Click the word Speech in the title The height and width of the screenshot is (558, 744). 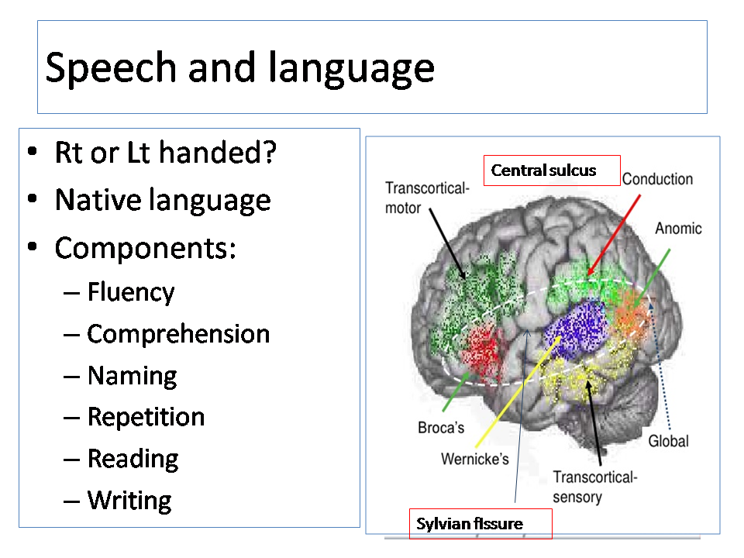coord(111,67)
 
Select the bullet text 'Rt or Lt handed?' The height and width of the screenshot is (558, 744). coord(166,153)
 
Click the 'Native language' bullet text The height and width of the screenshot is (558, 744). coord(163,200)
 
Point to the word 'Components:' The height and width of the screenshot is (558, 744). coord(145,248)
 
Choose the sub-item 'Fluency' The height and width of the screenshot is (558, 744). coord(131,292)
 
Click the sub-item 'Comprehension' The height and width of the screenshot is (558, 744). coord(178,334)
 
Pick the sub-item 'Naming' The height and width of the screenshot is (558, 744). coord(133,376)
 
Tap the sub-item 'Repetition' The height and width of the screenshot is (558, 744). coord(146,418)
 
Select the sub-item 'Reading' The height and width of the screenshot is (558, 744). coord(133,460)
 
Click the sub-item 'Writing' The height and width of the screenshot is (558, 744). coord(129,501)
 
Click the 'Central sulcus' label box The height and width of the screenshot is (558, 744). coord(552,170)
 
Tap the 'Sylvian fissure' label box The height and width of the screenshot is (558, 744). coord(480,524)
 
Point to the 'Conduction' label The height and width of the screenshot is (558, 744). coord(658,179)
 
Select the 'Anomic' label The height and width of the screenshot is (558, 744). coord(679,228)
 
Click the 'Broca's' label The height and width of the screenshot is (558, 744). coord(441,428)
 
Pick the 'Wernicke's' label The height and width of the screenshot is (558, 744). coord(475,459)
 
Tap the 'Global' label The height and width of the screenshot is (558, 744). coord(669,441)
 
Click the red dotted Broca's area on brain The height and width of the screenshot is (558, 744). coord(483,350)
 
